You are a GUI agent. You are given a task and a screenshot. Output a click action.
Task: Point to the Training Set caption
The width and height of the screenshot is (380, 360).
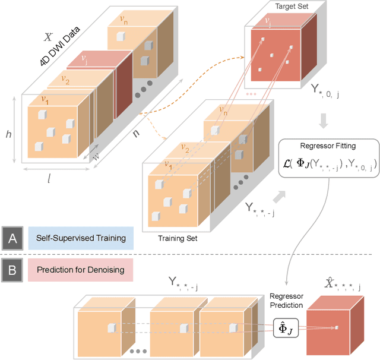pyautogui.click(x=178, y=239)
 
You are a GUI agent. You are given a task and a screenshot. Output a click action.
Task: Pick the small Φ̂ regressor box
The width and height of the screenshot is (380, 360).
pyautogui.click(x=284, y=327)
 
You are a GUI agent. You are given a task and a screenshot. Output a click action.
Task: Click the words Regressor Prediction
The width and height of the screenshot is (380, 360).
pyautogui.click(x=286, y=301)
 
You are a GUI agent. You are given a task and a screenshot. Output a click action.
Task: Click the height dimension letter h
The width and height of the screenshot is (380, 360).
pyautogui.click(x=8, y=135)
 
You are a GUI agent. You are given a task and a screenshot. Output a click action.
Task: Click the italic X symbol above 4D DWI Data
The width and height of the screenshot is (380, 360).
pyautogui.click(x=49, y=37)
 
